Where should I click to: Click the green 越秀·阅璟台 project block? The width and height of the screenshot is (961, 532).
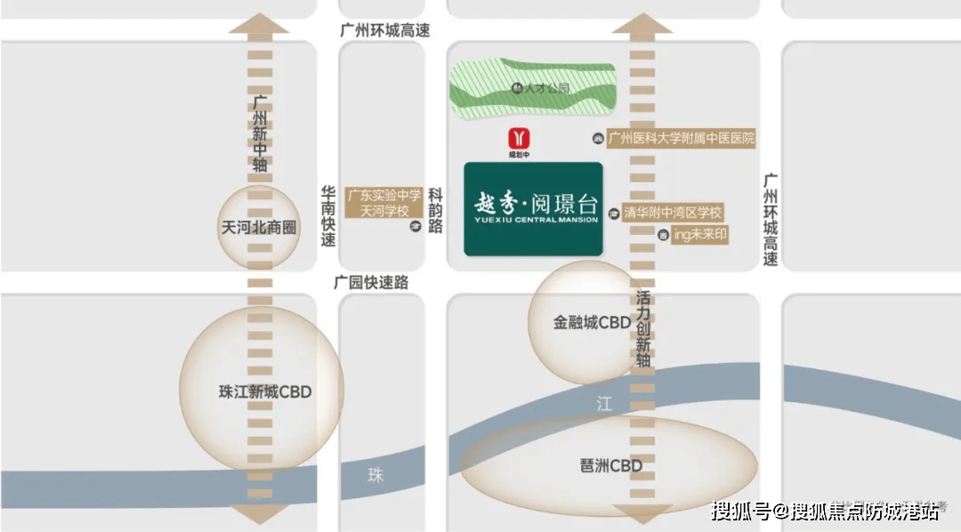pyautogui.click(x=533, y=209)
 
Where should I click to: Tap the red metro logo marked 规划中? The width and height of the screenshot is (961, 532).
pyautogui.click(x=519, y=139)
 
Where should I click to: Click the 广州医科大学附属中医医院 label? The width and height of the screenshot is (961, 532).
pyautogui.click(x=682, y=138)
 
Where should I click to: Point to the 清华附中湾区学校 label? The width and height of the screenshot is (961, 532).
pyautogui.click(x=673, y=214)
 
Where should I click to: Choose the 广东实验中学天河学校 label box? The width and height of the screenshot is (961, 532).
pyautogui.click(x=384, y=203)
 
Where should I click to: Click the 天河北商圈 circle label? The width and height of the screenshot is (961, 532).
pyautogui.click(x=257, y=226)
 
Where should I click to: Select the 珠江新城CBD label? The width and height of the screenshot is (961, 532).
pyautogui.click(x=265, y=391)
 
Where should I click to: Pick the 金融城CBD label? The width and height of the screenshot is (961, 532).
pyautogui.click(x=592, y=322)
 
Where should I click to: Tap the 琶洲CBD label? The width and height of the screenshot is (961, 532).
pyautogui.click(x=610, y=466)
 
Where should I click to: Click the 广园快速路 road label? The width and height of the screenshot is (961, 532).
pyautogui.click(x=371, y=282)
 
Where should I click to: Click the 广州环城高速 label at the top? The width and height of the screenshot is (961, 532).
pyautogui.click(x=384, y=30)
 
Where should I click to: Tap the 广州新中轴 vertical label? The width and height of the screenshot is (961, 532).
pyautogui.click(x=260, y=133)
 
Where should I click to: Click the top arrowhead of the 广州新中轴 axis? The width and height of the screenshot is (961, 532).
pyautogui.click(x=259, y=23)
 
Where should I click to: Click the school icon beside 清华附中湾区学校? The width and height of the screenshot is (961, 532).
pyautogui.click(x=614, y=214)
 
